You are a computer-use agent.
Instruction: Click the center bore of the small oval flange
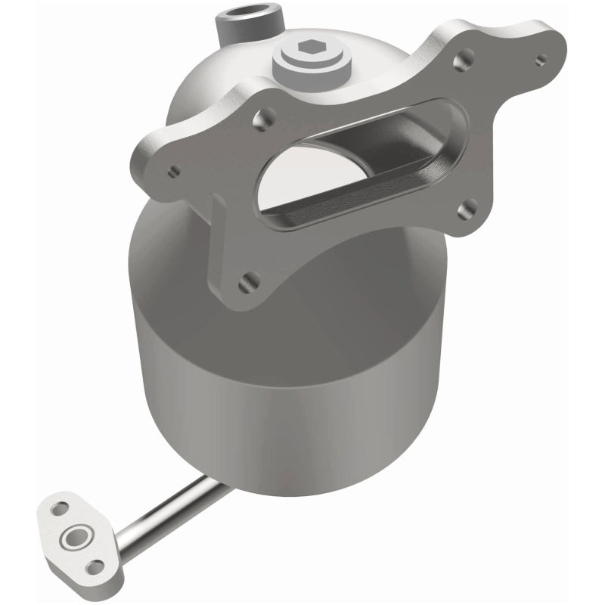(76, 538)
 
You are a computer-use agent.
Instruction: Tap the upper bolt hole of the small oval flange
(60, 510)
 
